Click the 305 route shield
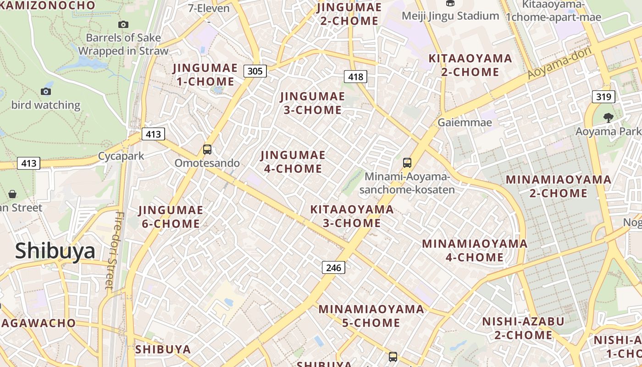click(x=255, y=71)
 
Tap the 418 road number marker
click(x=356, y=77)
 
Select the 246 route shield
click(x=333, y=267)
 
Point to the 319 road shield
click(x=603, y=96)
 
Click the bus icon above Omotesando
click(x=207, y=150)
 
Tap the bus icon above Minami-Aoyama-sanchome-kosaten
click(x=407, y=162)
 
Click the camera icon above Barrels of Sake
click(x=123, y=24)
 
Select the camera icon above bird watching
click(x=46, y=91)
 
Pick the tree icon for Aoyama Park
click(x=608, y=118)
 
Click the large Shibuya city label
click(x=55, y=251)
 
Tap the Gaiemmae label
click(x=465, y=122)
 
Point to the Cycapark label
click(x=121, y=156)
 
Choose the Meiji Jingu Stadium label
click(x=450, y=16)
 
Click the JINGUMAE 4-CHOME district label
click(x=293, y=162)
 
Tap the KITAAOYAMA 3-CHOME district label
click(x=352, y=216)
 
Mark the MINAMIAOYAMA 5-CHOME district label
click(x=371, y=316)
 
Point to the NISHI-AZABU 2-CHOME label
click(x=523, y=328)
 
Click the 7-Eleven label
click(x=209, y=8)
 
